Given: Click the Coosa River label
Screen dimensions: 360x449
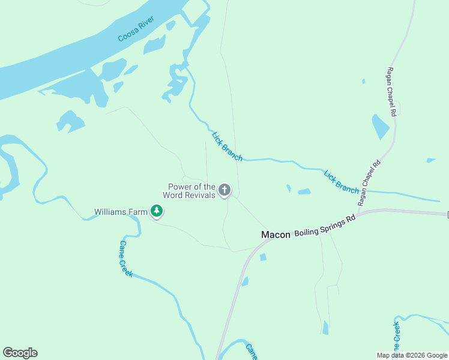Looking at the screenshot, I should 136,29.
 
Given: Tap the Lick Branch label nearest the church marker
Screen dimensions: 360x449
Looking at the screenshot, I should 227,146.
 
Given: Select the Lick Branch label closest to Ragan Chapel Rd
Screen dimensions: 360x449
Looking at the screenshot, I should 341,182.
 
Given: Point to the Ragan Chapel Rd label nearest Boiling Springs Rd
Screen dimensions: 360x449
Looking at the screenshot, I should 369,183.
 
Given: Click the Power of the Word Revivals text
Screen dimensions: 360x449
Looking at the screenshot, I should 191,191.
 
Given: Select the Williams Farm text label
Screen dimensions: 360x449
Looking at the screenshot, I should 121,212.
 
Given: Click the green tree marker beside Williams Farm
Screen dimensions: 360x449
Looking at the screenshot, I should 157,211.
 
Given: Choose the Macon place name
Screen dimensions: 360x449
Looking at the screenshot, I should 276,235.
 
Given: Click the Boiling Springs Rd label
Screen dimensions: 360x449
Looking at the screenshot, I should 325,226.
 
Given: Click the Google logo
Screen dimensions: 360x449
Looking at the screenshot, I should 20,353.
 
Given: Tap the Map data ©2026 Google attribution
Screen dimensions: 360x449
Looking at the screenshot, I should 412,355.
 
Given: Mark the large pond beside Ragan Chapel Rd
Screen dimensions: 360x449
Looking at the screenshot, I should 381,127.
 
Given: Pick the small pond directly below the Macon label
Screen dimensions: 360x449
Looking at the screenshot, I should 263,257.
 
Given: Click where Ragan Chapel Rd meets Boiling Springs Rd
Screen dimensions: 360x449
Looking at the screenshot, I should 361,213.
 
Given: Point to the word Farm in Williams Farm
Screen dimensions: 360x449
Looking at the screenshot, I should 137,212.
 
